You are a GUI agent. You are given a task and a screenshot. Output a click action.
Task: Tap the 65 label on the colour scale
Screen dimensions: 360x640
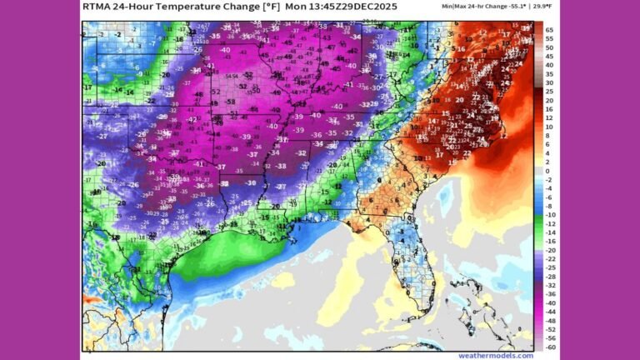click(x=549, y=30)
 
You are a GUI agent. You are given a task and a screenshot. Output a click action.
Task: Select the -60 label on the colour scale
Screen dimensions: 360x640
click(x=550, y=347)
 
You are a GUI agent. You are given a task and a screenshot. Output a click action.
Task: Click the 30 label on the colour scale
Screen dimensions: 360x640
click(x=549, y=82)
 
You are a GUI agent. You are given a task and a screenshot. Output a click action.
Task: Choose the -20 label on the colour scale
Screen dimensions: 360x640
click(x=550, y=250)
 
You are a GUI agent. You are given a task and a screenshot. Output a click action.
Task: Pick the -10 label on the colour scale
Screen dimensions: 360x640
click(x=550, y=215)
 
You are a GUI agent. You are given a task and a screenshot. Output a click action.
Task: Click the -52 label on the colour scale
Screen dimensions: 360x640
click(x=550, y=329)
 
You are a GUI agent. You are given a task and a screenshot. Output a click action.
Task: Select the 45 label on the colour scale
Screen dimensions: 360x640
click(x=549, y=57)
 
